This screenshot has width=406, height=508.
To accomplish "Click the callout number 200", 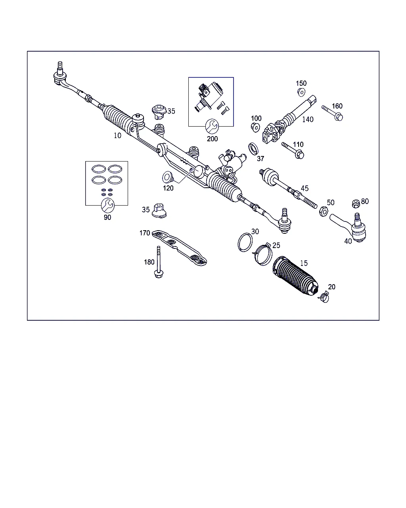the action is click(212, 139).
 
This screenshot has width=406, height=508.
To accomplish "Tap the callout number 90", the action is click(107, 217).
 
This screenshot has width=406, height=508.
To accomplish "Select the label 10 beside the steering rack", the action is click(117, 135).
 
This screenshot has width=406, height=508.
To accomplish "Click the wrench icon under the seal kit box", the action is click(107, 205).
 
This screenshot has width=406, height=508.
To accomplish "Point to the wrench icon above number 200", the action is click(212, 126).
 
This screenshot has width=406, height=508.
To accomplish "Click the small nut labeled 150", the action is click(301, 92).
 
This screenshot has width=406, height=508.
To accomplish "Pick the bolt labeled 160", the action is click(332, 113).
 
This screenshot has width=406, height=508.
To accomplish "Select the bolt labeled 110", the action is click(293, 150).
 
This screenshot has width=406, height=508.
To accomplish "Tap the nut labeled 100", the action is click(255, 127).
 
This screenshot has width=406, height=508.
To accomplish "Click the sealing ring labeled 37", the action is click(253, 149).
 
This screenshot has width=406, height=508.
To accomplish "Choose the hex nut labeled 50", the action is click(324, 211).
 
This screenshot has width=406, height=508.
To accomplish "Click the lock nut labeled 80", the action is click(356, 204).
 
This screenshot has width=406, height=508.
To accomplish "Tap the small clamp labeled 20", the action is click(324, 297).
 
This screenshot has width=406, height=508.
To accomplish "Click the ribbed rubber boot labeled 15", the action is click(295, 276).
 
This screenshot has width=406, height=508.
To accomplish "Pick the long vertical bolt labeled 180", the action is click(159, 262).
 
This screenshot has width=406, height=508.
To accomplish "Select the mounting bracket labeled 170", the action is click(179, 248).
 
